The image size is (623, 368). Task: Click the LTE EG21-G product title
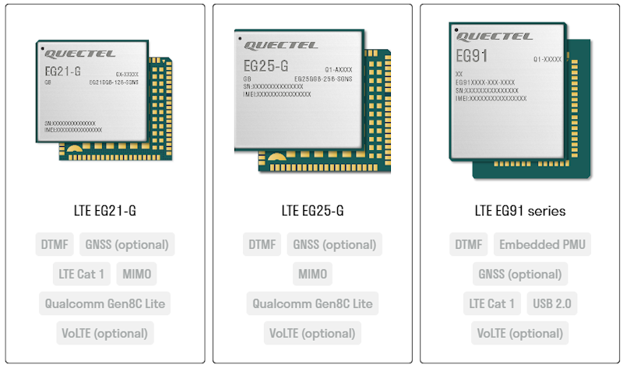point(104,211)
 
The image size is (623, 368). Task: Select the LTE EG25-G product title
point(312,211)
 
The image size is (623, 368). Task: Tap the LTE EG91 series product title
point(520,211)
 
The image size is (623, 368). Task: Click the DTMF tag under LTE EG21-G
point(55,244)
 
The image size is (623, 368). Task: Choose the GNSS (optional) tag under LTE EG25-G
point(334,244)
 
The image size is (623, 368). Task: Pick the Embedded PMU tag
point(542,244)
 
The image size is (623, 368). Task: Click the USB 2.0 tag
point(552,303)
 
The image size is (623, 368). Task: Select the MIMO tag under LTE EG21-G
point(137,274)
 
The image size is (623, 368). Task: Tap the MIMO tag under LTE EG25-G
point(312,274)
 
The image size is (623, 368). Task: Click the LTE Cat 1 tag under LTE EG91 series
point(491,303)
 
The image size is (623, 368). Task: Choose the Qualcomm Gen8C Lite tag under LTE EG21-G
point(104,303)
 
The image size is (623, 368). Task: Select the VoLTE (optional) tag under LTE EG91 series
point(520,333)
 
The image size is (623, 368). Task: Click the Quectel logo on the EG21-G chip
point(80,54)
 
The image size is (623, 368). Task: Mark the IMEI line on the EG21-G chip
point(73,129)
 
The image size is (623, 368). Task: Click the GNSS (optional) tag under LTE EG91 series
point(520,274)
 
